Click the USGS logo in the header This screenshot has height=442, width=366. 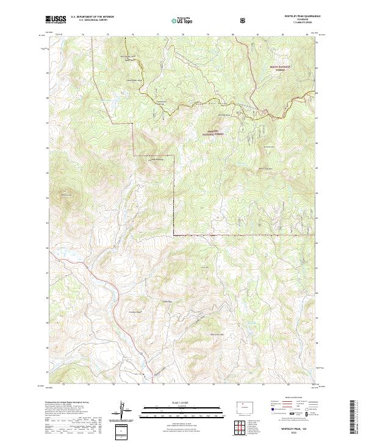click(x=57, y=20)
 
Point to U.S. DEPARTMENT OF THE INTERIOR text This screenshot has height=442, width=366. click(x=92, y=17)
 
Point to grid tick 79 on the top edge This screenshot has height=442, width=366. click(x=208, y=35)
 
